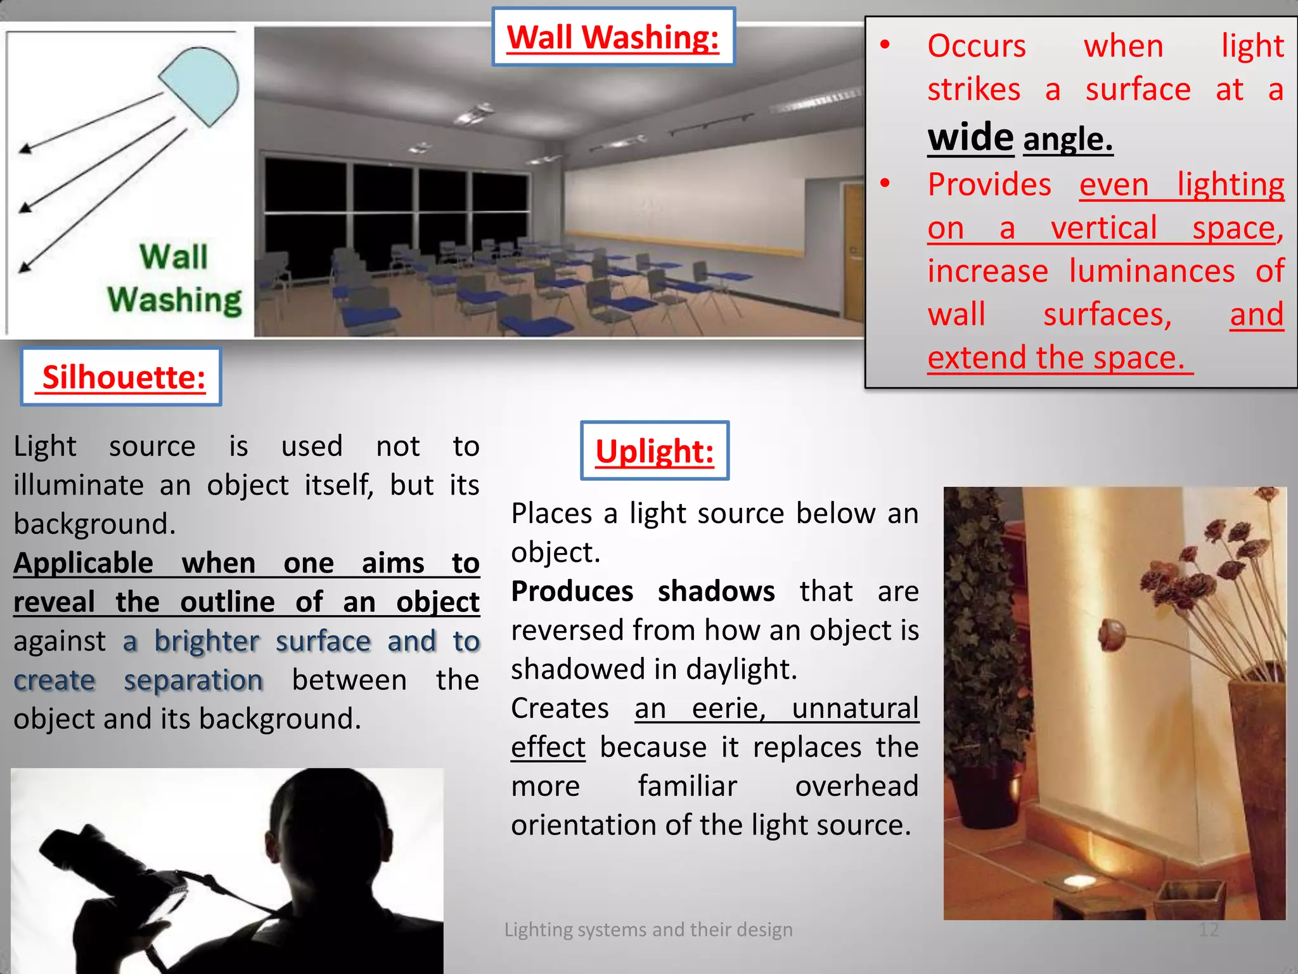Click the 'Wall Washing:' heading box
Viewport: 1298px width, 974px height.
pyautogui.click(x=613, y=37)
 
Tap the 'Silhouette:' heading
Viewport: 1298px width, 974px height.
pyautogui.click(x=121, y=377)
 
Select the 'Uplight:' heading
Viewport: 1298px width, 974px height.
pyautogui.click(x=655, y=451)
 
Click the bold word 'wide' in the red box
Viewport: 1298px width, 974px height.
pyautogui.click(x=970, y=137)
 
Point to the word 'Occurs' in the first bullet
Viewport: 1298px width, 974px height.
pyautogui.click(x=976, y=46)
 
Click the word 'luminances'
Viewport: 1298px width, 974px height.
pyautogui.click(x=1152, y=271)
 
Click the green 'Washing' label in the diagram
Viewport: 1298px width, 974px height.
pyautogui.click(x=174, y=299)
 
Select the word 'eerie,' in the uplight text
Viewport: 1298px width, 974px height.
pyautogui.click(x=729, y=708)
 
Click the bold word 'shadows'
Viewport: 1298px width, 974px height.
pyautogui.click(x=716, y=592)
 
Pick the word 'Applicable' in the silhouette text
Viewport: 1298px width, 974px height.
pyautogui.click(x=83, y=563)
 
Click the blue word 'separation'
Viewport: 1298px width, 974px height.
pyautogui.click(x=193, y=680)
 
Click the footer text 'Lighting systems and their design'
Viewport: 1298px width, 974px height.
pyautogui.click(x=648, y=930)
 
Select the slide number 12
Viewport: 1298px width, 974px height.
pyautogui.click(x=1208, y=930)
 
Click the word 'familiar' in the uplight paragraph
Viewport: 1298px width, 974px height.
pyautogui.click(x=687, y=786)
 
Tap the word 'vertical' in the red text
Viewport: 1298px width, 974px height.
pyautogui.click(x=1103, y=228)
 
